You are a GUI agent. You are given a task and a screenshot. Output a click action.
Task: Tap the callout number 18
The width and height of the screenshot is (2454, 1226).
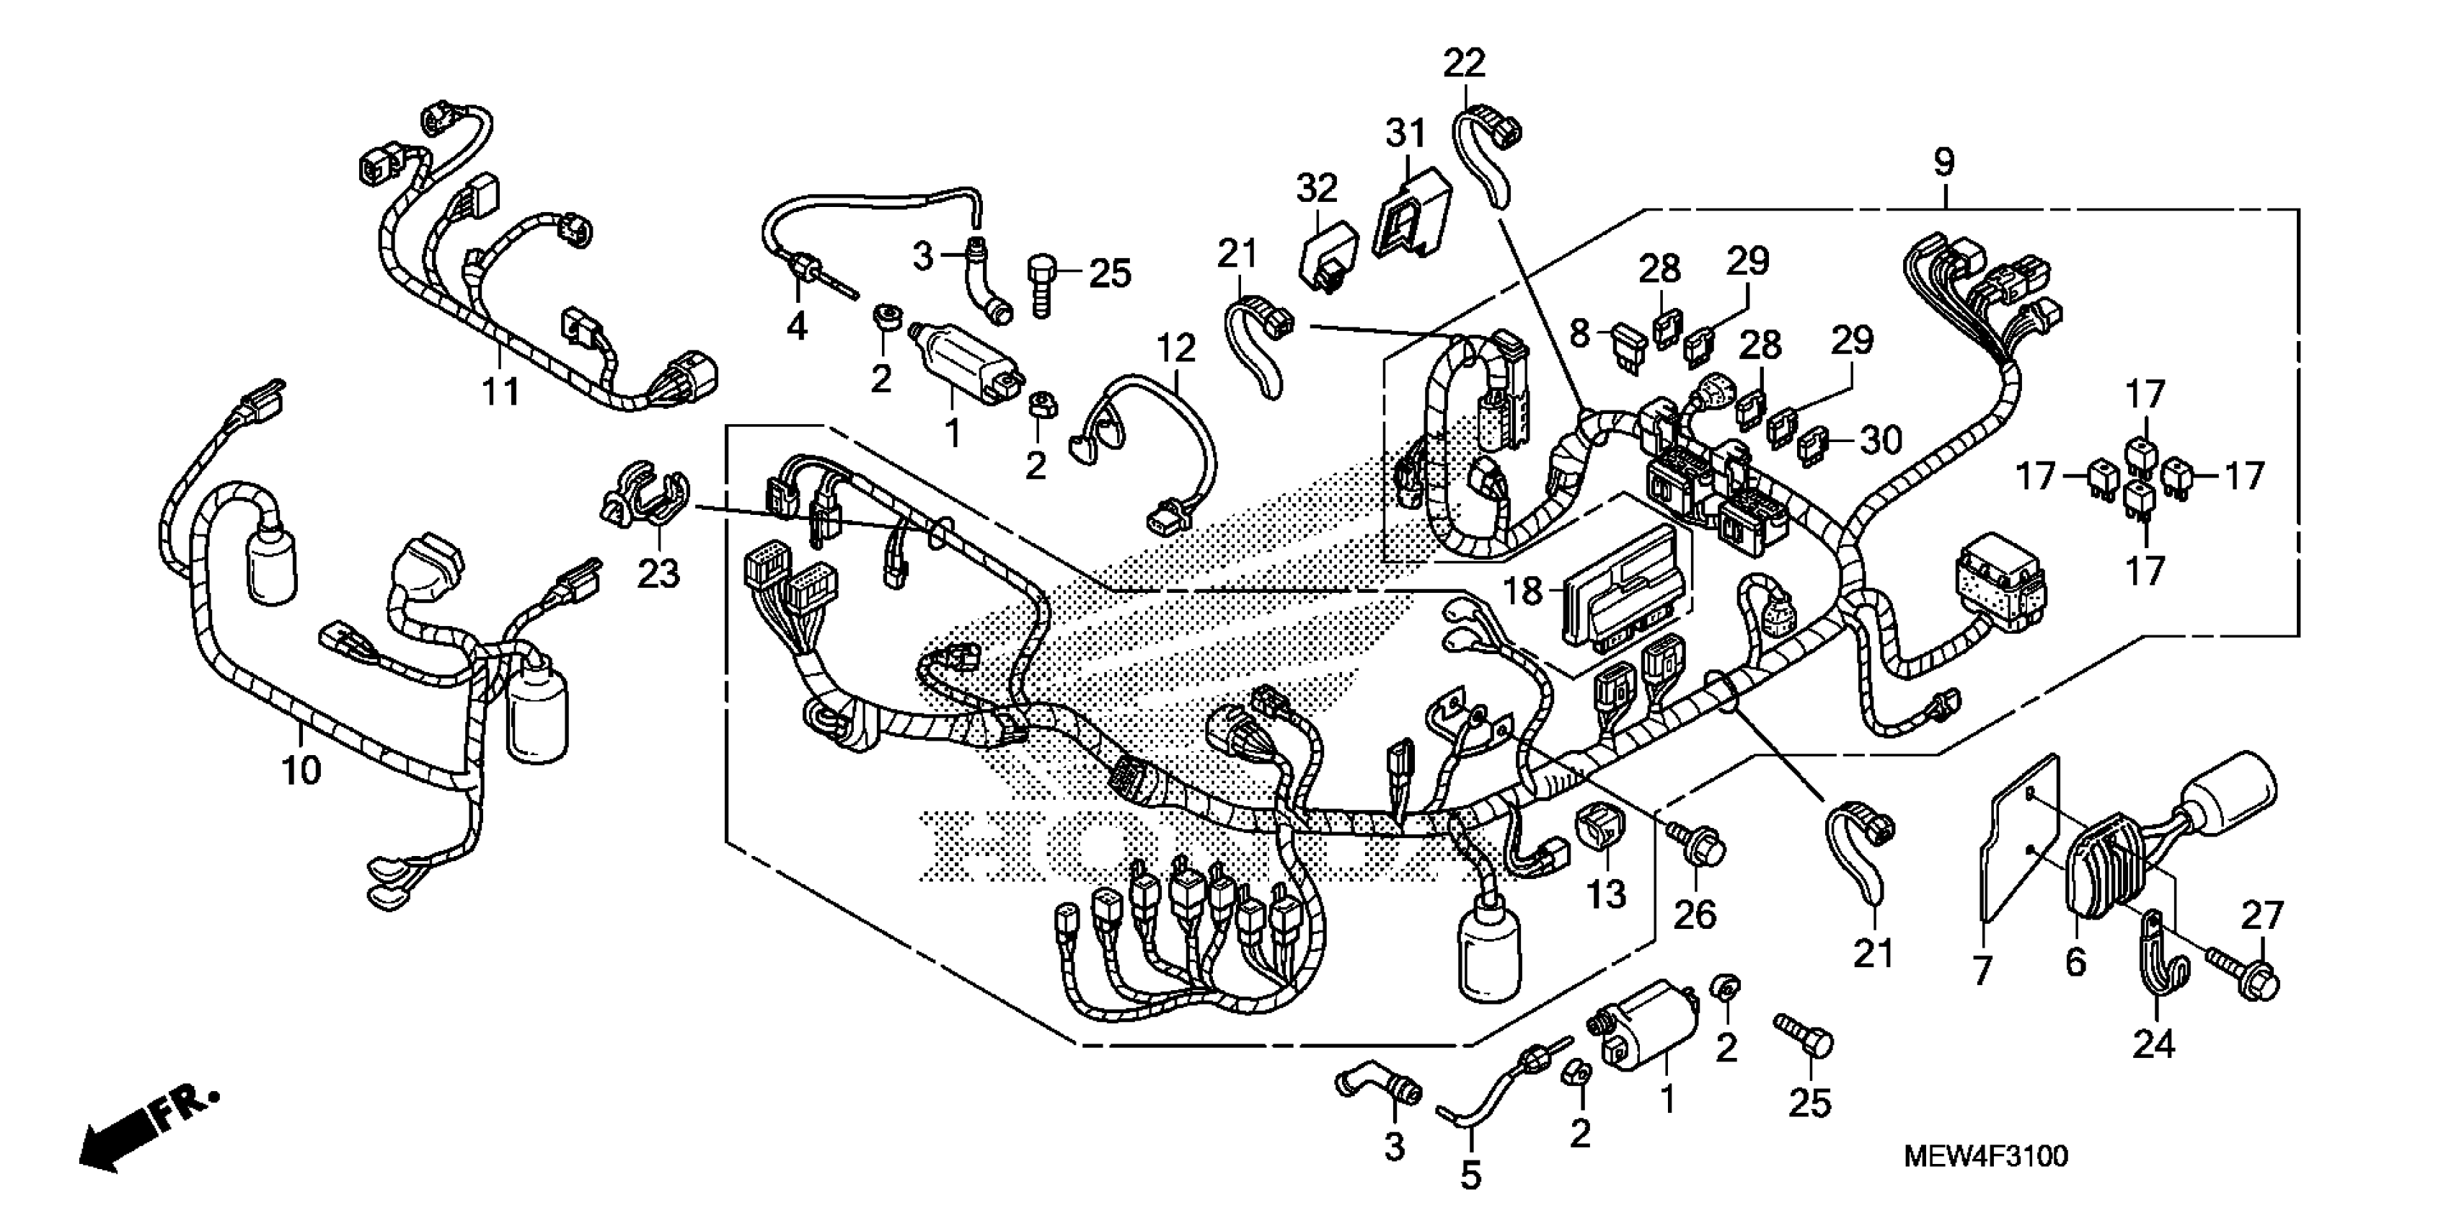[x=1522, y=591]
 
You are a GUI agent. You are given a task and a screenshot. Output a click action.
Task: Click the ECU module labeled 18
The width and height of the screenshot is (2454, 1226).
[x=1620, y=591]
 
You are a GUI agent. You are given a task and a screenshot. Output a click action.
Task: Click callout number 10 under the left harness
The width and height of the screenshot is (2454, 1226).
[x=301, y=769]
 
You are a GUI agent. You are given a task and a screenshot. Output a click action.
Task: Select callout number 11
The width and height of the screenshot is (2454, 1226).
[x=500, y=391]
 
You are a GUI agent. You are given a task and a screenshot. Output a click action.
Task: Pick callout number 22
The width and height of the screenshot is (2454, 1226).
[x=1464, y=64]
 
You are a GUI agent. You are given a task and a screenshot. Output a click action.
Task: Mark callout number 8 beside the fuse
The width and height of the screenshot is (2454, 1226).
[x=1579, y=335]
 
